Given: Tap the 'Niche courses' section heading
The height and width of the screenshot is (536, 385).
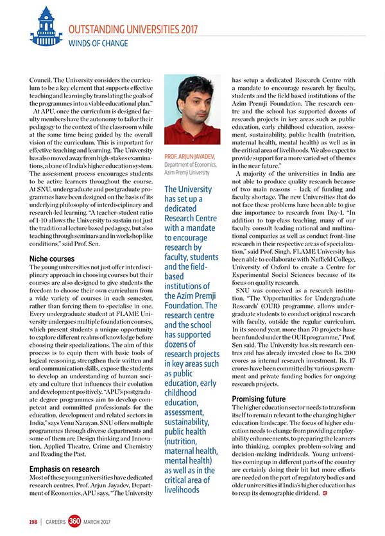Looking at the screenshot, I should point(52,258).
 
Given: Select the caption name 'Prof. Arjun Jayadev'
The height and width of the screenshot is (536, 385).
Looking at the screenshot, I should point(191,156).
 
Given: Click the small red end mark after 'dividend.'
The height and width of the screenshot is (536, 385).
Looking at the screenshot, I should point(325,492).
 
